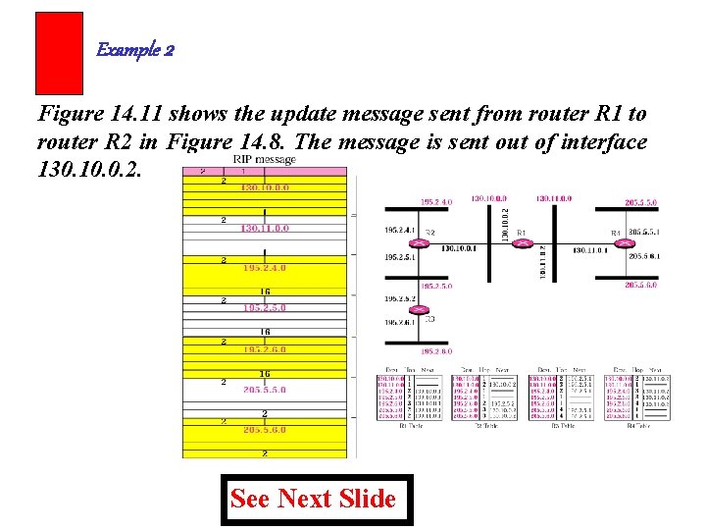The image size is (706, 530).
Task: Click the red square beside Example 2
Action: (x=59, y=53)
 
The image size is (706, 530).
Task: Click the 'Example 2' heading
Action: (x=135, y=50)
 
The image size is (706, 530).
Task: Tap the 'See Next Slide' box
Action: (x=313, y=499)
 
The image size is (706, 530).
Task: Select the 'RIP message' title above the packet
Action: (x=264, y=159)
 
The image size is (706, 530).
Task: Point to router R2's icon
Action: (x=421, y=243)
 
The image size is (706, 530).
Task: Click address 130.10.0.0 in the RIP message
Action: (x=265, y=187)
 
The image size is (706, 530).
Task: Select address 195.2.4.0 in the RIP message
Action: (x=265, y=267)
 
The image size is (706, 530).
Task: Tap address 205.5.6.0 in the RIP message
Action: (x=265, y=429)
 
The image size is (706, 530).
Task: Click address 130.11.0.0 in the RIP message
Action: (x=265, y=228)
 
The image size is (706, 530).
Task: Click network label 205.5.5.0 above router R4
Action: (x=641, y=202)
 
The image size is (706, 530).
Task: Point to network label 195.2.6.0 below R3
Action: (x=436, y=351)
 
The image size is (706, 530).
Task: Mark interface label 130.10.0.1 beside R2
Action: (x=459, y=249)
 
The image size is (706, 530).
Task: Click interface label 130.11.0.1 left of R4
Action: (x=589, y=250)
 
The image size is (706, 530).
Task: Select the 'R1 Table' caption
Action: (x=410, y=425)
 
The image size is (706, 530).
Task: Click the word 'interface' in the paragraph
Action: (x=600, y=142)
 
